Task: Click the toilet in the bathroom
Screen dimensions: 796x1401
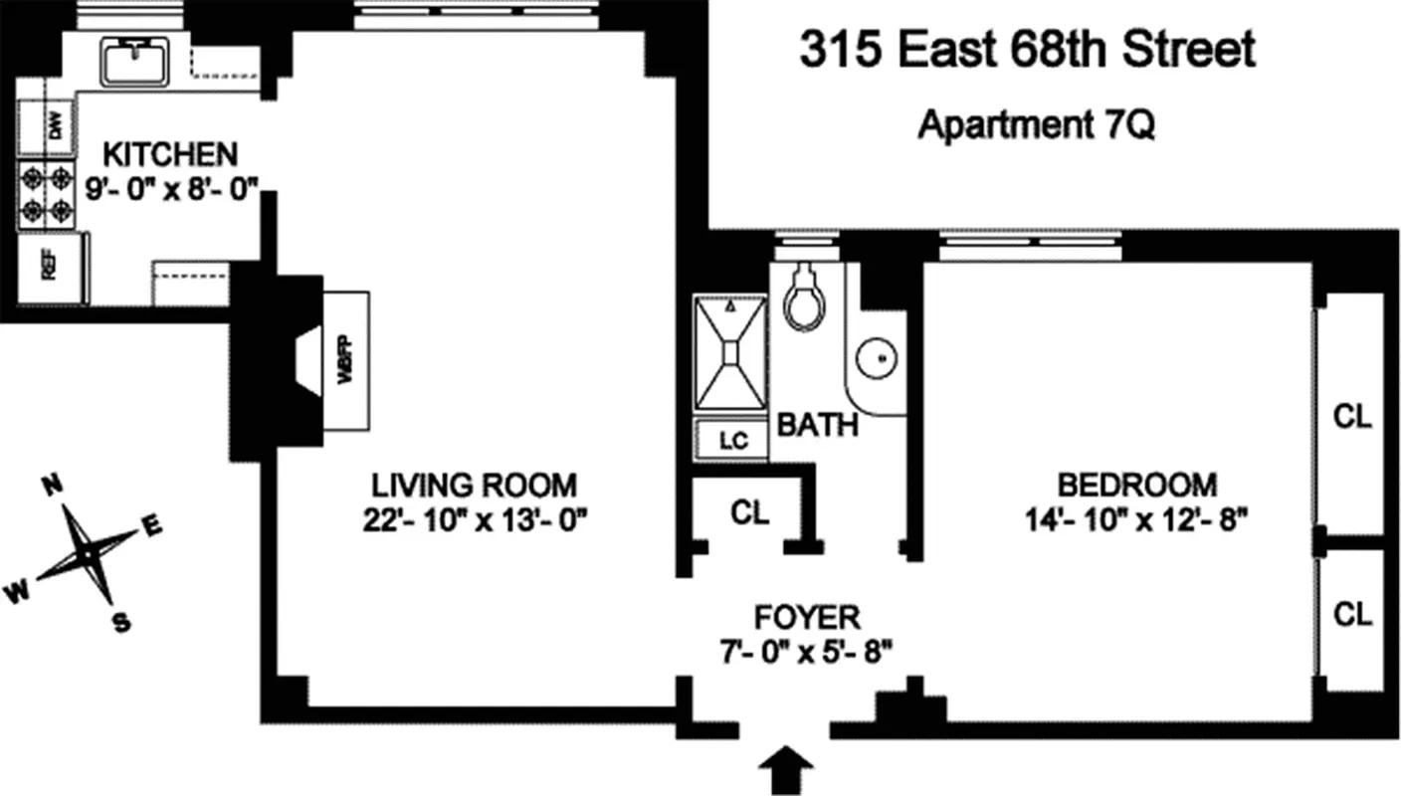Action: (x=805, y=298)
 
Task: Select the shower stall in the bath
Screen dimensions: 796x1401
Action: (x=731, y=352)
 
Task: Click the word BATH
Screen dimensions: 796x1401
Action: (x=817, y=426)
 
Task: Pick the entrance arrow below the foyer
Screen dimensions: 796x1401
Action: (x=784, y=767)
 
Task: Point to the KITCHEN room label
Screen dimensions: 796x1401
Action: (x=171, y=154)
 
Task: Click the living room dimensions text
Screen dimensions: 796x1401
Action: (x=474, y=520)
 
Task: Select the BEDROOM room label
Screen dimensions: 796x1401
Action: (x=1136, y=485)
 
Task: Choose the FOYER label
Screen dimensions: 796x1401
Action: (x=807, y=617)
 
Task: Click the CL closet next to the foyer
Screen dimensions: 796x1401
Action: (x=750, y=512)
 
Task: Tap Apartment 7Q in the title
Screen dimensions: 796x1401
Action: (x=1036, y=125)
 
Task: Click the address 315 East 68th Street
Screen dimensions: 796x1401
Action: (x=1028, y=50)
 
